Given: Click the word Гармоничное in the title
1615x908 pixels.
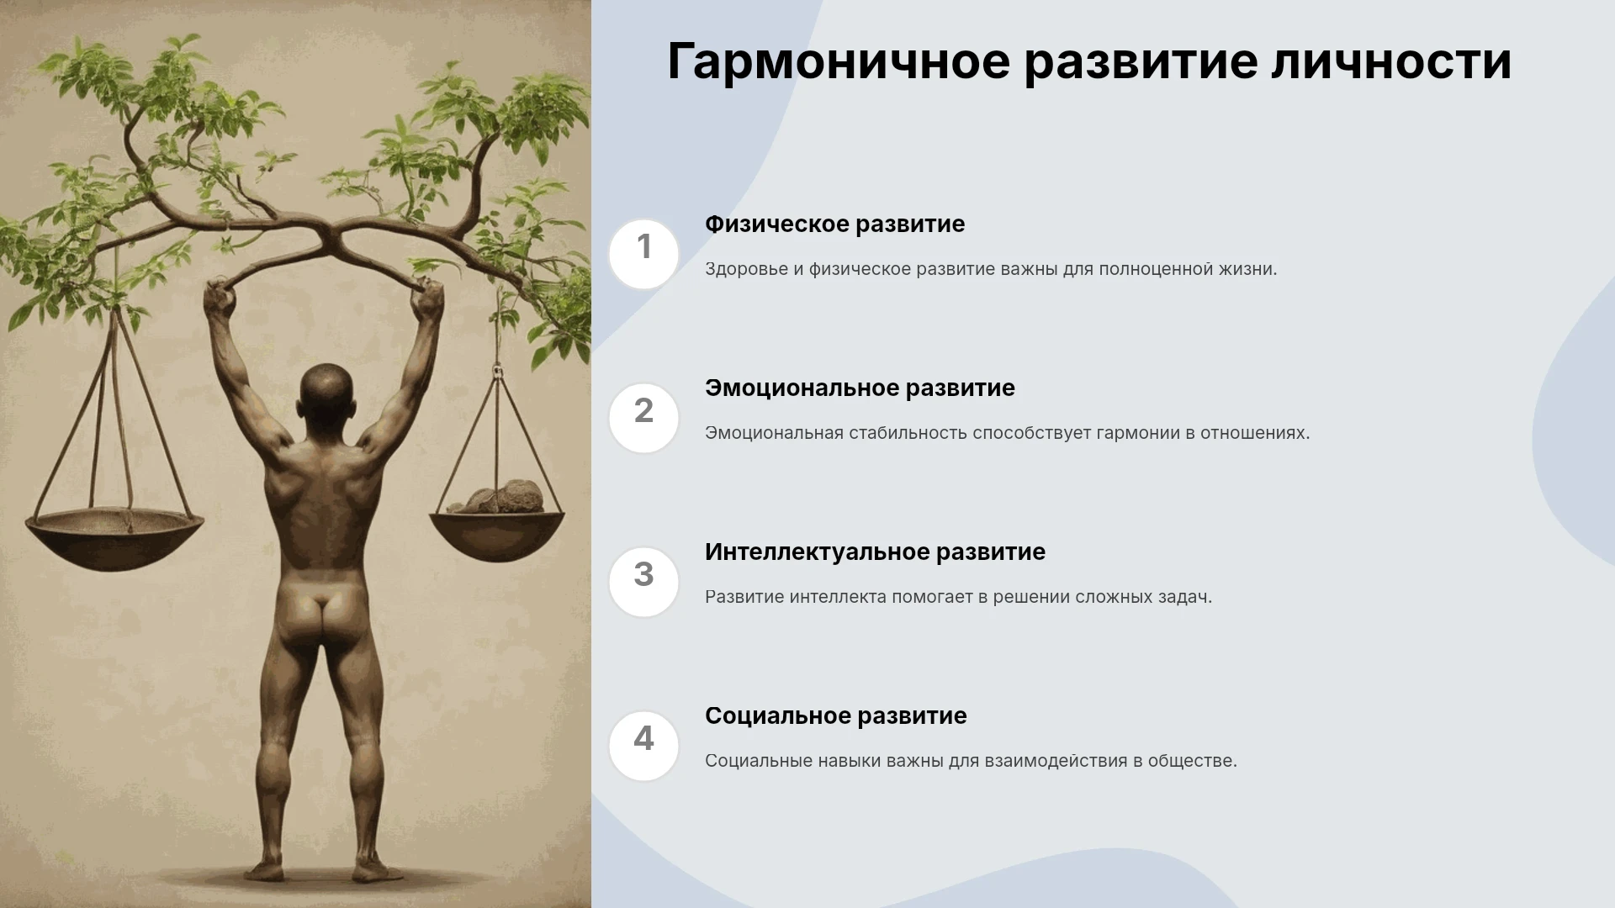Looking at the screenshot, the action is [839, 62].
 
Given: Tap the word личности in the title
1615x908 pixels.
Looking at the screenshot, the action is [1391, 61].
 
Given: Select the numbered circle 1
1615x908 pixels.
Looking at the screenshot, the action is [643, 254].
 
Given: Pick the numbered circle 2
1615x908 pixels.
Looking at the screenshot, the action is [643, 418].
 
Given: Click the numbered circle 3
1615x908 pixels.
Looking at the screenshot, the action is [643, 582].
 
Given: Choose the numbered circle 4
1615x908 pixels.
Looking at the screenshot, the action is [643, 746].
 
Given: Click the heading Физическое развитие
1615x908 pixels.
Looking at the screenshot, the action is [834, 224].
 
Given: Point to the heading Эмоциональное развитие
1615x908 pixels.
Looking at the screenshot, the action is [860, 388].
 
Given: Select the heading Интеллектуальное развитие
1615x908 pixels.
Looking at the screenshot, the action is [875, 552].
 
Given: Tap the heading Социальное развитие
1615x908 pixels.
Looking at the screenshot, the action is [835, 716].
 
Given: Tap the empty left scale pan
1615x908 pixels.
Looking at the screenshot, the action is [114, 538].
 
